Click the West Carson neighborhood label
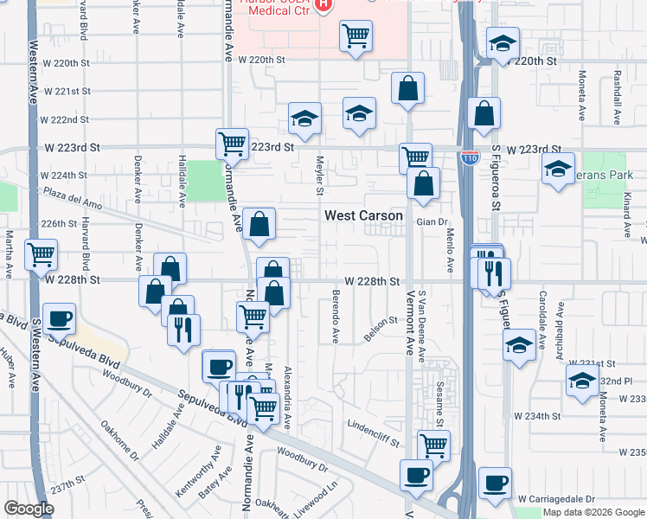pos(363,215)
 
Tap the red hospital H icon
pos(323,5)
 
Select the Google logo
pos(29,509)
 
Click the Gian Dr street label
pos(430,221)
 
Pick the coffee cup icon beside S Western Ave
pos(59,318)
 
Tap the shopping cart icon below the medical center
pos(356,36)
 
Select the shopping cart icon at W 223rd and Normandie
pos(232,144)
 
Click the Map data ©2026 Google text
pos(593,512)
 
